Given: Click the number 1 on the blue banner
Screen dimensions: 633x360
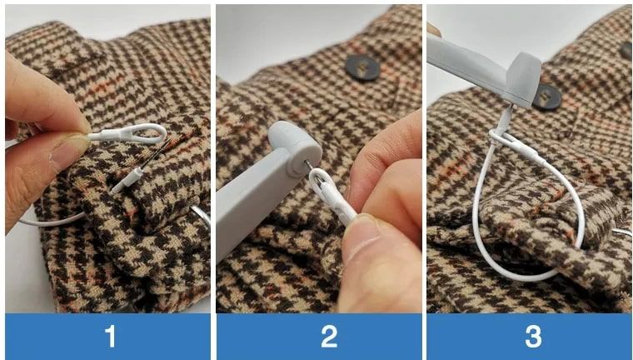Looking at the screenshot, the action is click(x=110, y=336).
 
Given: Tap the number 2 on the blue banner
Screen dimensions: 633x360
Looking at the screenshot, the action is click(x=329, y=336).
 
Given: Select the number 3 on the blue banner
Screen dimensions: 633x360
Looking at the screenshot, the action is click(x=533, y=336).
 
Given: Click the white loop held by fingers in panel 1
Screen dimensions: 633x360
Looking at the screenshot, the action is click(x=128, y=133).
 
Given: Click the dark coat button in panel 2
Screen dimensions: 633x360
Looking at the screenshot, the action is click(x=362, y=67).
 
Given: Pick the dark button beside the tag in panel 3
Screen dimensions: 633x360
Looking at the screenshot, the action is click(x=547, y=97).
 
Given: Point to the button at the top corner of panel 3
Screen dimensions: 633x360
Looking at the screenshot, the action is click(x=626, y=51).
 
